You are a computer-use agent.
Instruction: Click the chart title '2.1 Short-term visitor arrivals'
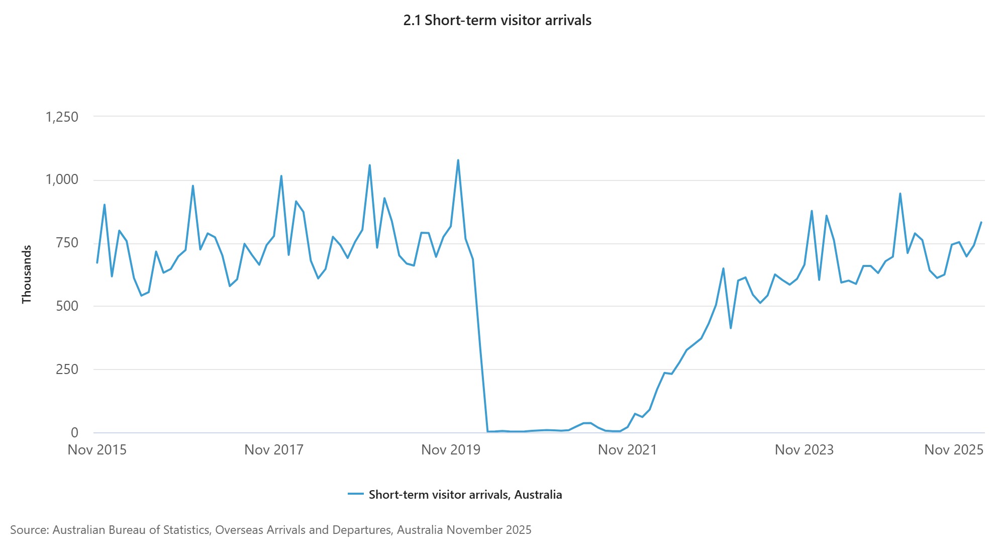click(497, 21)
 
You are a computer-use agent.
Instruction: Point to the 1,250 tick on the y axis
click(62, 117)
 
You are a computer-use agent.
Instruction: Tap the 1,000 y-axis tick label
click(62, 180)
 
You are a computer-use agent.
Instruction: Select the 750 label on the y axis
click(67, 243)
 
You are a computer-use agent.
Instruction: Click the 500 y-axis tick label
click(67, 306)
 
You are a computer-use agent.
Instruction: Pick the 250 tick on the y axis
click(67, 370)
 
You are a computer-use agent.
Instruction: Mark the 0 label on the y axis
click(74, 433)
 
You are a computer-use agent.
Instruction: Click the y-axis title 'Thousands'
click(27, 274)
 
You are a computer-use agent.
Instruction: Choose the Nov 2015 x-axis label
click(97, 450)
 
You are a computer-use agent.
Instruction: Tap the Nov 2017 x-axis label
click(274, 450)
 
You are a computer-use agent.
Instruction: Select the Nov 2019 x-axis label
click(451, 450)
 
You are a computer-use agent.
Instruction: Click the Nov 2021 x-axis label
click(627, 450)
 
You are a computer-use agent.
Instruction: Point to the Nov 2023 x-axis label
click(804, 450)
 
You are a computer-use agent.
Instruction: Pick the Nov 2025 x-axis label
click(953, 450)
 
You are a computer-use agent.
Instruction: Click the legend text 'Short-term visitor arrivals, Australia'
click(465, 495)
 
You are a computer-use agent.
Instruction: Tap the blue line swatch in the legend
click(356, 494)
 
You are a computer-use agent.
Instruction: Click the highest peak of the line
click(458, 160)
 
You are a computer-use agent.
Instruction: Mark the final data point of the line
click(981, 222)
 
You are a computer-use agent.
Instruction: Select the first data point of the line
click(97, 263)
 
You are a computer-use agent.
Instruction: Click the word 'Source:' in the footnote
click(30, 530)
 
